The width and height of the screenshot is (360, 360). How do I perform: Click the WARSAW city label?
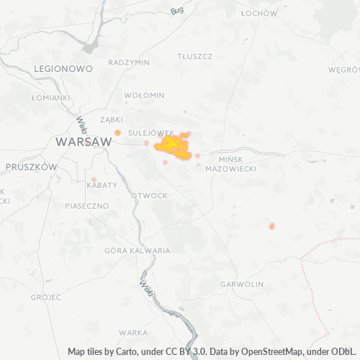[84, 142]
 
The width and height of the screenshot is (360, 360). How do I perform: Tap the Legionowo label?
[63, 68]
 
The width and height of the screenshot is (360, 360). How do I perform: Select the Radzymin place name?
[128, 62]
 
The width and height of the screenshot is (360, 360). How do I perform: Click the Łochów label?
[259, 13]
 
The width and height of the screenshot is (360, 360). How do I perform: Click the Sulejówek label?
[150, 133]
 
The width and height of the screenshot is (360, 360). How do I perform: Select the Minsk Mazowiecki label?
[230, 163]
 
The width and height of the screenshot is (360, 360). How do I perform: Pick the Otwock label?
[149, 196]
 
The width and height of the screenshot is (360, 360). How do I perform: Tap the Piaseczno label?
[86, 205]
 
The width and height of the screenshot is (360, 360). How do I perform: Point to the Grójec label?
[45, 297]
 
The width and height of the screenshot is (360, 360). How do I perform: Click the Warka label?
[134, 333]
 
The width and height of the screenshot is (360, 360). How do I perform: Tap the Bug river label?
[178, 11]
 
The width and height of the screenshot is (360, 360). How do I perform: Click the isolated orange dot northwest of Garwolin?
[272, 226]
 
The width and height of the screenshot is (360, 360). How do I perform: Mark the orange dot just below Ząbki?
[117, 132]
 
